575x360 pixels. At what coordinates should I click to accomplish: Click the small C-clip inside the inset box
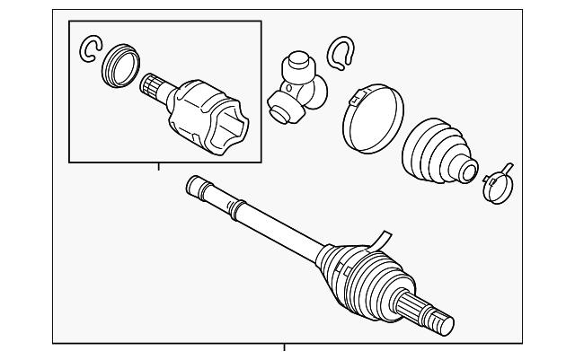[x=91, y=50]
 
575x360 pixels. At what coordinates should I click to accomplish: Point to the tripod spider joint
[x=293, y=84]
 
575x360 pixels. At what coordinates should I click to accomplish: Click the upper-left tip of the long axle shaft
[x=191, y=184]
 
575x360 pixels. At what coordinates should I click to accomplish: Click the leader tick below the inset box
[x=158, y=167]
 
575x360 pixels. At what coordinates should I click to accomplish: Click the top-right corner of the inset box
[x=261, y=22]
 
